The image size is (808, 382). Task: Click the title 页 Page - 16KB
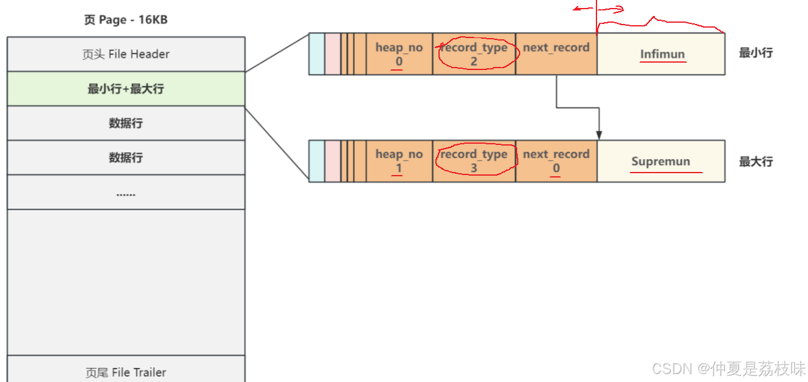click(x=125, y=20)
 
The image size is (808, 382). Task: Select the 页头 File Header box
click(x=125, y=54)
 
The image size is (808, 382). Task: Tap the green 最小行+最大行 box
click(x=125, y=88)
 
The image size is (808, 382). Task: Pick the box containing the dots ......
click(x=125, y=192)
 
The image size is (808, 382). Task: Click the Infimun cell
click(x=661, y=54)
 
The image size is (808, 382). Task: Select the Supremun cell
click(x=661, y=162)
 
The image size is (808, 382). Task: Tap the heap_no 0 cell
click(x=399, y=54)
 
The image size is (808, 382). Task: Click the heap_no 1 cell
click(x=399, y=161)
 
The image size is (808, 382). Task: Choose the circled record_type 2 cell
click(x=474, y=54)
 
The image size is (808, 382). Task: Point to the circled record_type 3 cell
click(x=474, y=161)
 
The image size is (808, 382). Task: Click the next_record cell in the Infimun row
click(x=556, y=54)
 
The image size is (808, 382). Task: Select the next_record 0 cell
click(x=556, y=161)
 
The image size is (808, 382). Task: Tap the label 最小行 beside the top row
click(x=756, y=53)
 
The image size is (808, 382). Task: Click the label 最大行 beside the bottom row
click(x=756, y=162)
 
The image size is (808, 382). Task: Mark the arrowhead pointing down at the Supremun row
click(x=598, y=135)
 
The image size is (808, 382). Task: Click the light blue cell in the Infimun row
click(x=316, y=54)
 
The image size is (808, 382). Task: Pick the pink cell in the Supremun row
click(x=332, y=161)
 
